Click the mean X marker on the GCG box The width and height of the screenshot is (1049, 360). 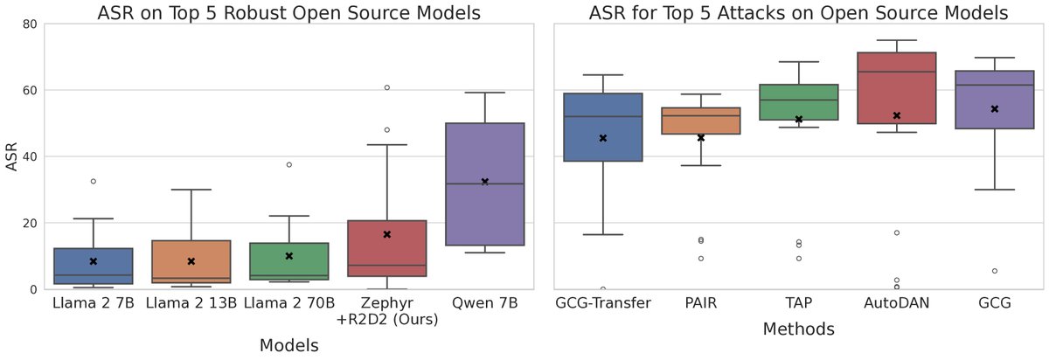994,108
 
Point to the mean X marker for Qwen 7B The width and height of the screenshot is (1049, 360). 484,182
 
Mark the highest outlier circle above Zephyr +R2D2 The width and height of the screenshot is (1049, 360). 386,87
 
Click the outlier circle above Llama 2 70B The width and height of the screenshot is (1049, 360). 288,164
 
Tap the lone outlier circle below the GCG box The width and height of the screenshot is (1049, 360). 994,271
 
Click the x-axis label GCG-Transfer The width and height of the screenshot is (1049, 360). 602,305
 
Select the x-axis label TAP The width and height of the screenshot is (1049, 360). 798,305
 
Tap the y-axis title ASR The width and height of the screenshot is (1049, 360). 11,156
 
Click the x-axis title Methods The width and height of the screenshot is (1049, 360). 798,329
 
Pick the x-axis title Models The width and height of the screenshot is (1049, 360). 288,346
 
